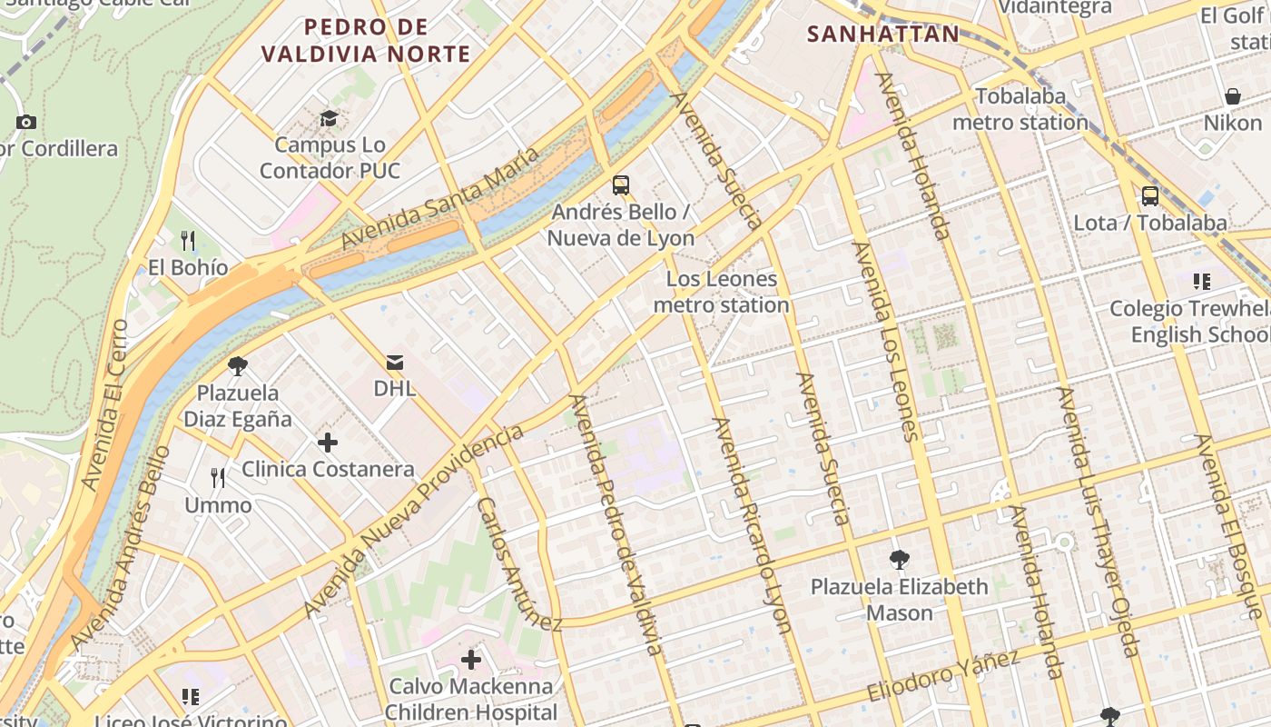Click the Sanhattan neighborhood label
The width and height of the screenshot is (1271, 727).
click(x=883, y=35)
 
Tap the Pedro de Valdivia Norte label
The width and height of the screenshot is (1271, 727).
click(x=366, y=41)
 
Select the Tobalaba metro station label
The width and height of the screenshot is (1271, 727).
click(x=1020, y=109)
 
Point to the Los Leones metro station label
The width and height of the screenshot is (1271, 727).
click(x=722, y=292)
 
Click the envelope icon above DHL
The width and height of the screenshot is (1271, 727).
click(x=395, y=363)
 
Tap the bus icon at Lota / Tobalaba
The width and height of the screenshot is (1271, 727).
click(x=1150, y=195)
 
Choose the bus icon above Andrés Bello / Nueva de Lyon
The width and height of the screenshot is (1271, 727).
click(x=621, y=185)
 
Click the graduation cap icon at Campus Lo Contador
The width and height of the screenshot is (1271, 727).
click(x=329, y=119)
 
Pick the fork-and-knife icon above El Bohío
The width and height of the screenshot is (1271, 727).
click(x=188, y=241)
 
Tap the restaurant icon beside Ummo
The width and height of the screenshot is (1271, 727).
click(x=218, y=478)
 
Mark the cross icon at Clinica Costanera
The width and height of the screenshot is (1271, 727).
click(x=328, y=443)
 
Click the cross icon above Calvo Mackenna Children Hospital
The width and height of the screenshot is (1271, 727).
click(x=470, y=659)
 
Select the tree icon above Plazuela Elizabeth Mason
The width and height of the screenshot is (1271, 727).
click(x=900, y=560)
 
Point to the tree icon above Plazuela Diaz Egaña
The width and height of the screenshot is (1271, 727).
click(x=238, y=366)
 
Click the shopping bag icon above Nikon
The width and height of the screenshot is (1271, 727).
click(x=1233, y=96)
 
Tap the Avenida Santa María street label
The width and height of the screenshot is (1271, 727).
click(x=440, y=198)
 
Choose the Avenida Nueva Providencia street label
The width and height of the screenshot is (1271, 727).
click(x=414, y=522)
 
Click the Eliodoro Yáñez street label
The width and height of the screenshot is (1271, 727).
click(x=944, y=675)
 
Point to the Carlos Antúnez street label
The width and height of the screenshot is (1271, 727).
click(x=519, y=564)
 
